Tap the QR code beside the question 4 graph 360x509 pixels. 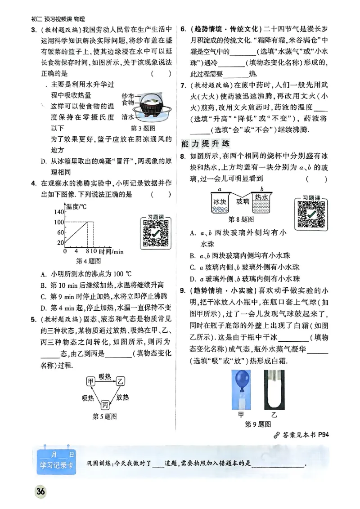[x=155, y=233]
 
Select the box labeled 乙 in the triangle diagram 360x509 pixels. [x=120, y=381]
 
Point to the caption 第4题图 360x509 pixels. [x=88, y=261]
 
